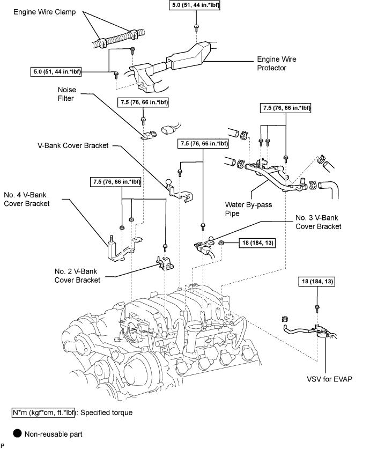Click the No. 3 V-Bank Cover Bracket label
pos(319,222)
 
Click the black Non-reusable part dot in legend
pos(17,433)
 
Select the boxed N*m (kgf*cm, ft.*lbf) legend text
pos(43,413)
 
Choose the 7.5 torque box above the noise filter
pos(143,102)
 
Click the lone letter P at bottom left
pos(3,446)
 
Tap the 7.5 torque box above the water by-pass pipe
pos(286,108)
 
